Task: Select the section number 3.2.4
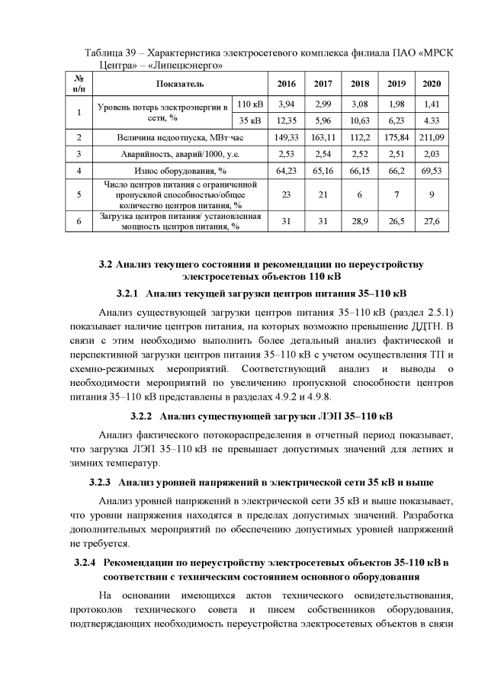[83, 563]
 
